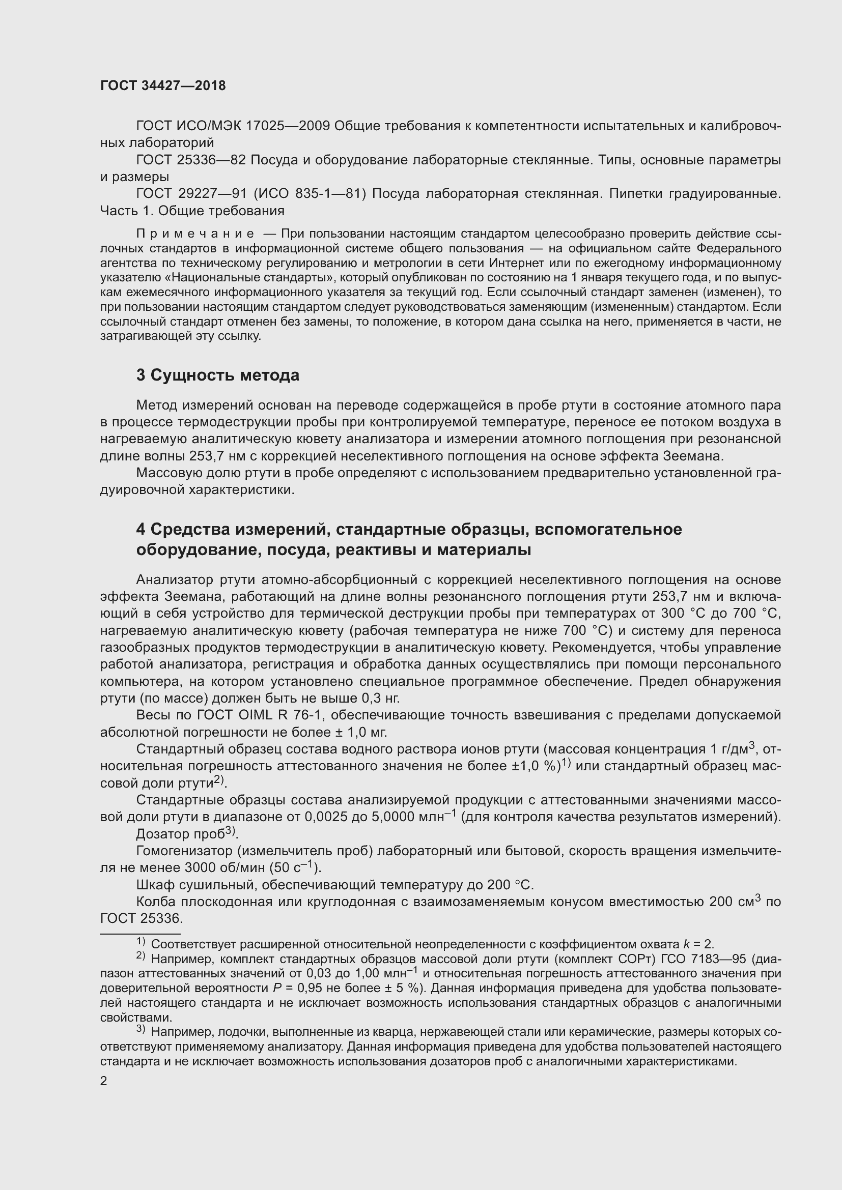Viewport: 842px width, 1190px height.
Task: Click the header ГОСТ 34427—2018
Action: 163,86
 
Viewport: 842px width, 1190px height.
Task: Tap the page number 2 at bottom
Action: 104,1081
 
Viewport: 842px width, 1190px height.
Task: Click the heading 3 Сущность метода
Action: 218,375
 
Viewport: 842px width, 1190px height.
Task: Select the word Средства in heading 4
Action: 190,530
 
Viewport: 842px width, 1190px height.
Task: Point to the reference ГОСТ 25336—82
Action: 190,160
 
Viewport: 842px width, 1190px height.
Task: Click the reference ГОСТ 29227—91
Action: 190,194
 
